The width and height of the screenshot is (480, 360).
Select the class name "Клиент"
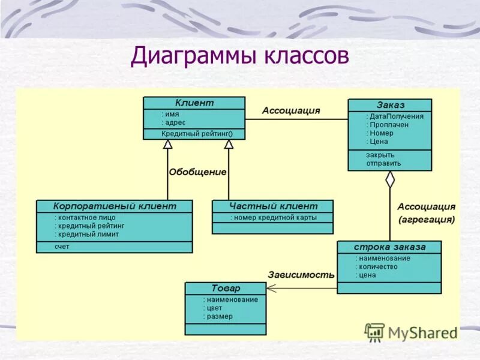click(x=194, y=103)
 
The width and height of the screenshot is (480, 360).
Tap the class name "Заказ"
click(x=390, y=105)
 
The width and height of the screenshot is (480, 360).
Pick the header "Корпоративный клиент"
click(x=115, y=206)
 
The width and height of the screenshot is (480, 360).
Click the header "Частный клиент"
click(x=272, y=206)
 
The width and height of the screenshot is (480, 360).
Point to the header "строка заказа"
click(x=389, y=247)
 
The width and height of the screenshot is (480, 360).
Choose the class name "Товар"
click(x=226, y=289)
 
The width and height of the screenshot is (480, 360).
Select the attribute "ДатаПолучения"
click(x=396, y=116)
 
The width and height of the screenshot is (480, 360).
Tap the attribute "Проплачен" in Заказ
click(x=389, y=125)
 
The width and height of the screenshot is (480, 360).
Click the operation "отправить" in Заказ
click(x=383, y=163)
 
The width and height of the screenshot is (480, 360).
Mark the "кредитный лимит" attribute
click(x=87, y=234)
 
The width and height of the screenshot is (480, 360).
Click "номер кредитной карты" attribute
click(x=274, y=217)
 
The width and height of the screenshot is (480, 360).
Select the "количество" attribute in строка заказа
click(x=376, y=266)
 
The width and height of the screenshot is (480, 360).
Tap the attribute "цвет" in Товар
click(x=214, y=308)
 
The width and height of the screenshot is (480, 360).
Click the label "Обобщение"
click(x=197, y=172)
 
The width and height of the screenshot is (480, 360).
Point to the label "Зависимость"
click(x=301, y=275)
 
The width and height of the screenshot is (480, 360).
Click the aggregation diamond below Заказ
click(x=390, y=179)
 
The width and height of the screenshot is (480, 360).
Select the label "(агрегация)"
click(x=427, y=220)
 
